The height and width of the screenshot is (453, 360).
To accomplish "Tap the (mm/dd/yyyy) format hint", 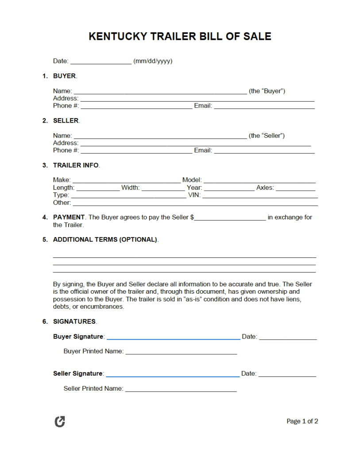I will click(153, 61).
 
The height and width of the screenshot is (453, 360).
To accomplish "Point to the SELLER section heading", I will click(66, 120).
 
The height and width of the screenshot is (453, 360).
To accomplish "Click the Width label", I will click(130, 188).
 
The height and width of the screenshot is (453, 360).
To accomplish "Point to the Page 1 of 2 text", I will click(302, 421).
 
